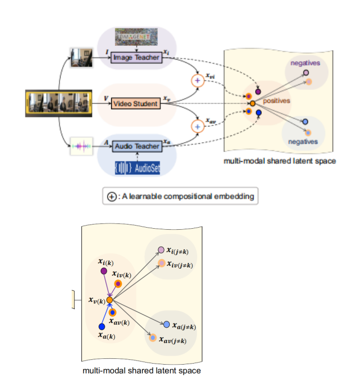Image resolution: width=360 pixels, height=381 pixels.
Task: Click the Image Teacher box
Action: (135, 57)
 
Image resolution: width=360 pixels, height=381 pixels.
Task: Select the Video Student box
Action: (135, 104)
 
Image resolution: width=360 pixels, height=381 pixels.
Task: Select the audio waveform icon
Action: (81, 145)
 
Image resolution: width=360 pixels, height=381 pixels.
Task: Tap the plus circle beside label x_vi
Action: (197, 80)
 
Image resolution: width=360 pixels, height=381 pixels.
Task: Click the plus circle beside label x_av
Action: (197, 126)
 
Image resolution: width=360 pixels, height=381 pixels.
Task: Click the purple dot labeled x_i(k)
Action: (103, 271)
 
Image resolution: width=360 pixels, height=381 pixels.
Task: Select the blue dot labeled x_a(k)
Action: (101, 327)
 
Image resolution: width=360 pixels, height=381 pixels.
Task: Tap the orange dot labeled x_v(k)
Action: (109, 300)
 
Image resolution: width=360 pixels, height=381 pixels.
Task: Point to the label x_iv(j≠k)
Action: (180, 264)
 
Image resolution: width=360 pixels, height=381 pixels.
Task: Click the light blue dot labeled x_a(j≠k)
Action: (166, 324)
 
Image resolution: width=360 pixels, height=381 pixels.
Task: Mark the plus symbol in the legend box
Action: (112, 197)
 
